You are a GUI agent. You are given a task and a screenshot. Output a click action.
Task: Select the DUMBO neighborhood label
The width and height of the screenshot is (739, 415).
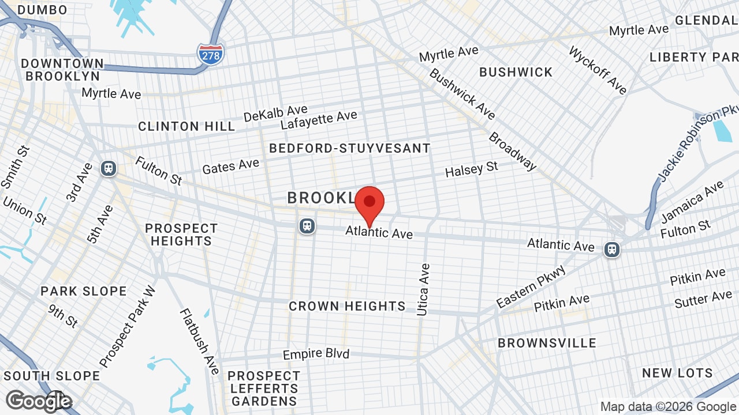[x=42, y=10]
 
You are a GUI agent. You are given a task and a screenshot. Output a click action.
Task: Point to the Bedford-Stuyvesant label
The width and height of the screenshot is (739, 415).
[x=350, y=148]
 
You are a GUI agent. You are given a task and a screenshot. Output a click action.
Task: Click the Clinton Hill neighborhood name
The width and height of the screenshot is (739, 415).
[x=186, y=126]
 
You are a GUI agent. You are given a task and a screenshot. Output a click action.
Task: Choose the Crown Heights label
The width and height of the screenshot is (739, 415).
[x=347, y=306]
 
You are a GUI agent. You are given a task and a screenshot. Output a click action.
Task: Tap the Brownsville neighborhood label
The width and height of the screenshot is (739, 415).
[x=547, y=343]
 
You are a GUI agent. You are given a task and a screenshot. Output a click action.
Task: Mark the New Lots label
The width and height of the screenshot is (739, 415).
[x=677, y=373]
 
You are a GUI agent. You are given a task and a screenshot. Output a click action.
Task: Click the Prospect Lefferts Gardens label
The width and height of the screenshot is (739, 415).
[x=264, y=388]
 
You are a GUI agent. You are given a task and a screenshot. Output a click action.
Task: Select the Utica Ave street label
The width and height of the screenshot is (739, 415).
[x=423, y=289]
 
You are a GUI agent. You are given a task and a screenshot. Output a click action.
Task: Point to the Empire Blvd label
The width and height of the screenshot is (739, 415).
[x=316, y=354]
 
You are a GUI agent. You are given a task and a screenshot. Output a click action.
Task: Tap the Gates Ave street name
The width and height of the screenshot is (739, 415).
[x=230, y=167]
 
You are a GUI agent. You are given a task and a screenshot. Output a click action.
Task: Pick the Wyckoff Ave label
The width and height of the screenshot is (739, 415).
[x=598, y=70]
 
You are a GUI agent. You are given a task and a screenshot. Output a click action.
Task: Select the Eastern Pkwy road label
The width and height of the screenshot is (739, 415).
[x=531, y=286]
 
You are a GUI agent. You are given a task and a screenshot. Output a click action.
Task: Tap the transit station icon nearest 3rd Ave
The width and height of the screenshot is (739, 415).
[x=108, y=168]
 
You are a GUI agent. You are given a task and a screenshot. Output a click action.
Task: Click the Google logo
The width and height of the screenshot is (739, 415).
[x=39, y=401]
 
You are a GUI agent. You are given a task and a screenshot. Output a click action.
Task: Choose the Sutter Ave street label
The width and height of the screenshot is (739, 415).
[x=703, y=299]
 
